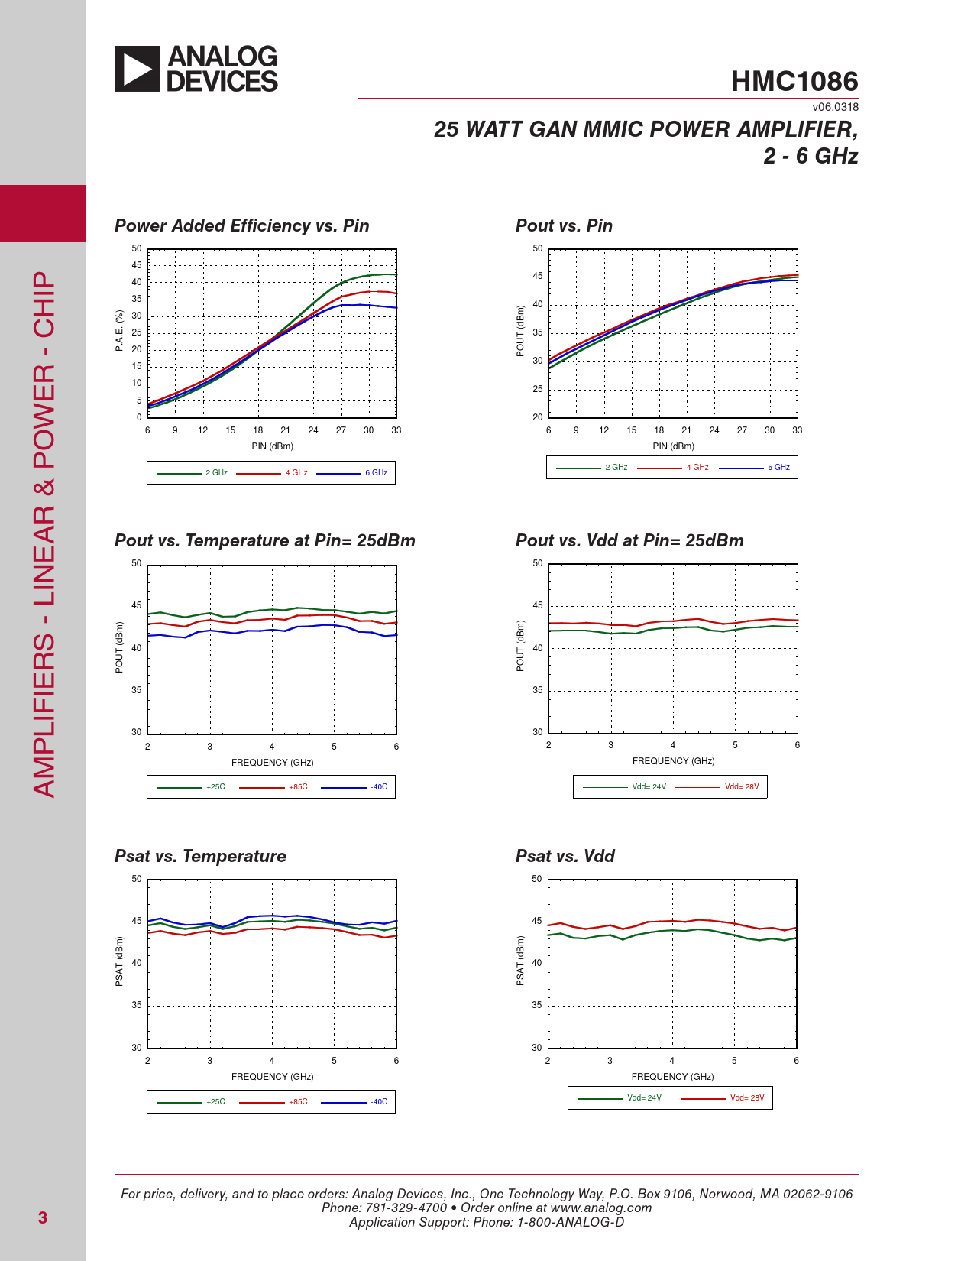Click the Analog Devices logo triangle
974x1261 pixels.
137,69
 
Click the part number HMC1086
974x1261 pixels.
794,82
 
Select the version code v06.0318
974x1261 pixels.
835,107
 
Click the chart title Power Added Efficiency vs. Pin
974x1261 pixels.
241,225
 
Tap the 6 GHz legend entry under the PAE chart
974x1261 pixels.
376,473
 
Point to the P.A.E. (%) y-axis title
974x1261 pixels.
119,331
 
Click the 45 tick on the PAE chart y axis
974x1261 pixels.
137,265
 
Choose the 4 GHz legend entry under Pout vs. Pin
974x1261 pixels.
697,468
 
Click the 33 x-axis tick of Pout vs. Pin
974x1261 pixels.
797,430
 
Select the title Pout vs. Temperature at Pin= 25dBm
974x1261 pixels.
264,540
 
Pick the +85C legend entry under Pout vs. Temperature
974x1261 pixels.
298,787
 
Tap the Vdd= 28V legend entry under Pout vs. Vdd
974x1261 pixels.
741,787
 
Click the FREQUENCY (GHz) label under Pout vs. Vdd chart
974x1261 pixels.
673,761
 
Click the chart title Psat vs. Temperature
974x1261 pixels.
200,856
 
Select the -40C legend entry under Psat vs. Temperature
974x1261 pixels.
379,1102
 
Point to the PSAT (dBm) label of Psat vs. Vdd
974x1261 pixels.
520,961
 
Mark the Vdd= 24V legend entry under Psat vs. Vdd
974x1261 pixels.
644,1098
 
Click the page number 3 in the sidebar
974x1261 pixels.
43,1217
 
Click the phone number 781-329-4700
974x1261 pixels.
406,1208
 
